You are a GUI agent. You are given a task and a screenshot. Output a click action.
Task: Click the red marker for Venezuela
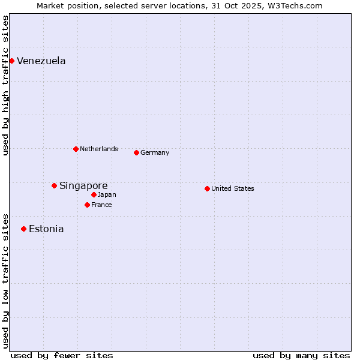pyautogui.click(x=11, y=61)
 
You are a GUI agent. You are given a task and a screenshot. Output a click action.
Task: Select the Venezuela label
pyautogui.click(x=41, y=61)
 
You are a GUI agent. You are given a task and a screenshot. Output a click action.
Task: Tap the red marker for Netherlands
pyautogui.click(x=76, y=149)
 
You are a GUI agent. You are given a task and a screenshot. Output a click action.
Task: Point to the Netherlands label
pyautogui.click(x=99, y=149)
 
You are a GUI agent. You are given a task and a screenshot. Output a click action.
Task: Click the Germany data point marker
pyautogui.click(x=136, y=152)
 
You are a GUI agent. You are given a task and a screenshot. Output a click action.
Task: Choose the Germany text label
pyautogui.click(x=155, y=152)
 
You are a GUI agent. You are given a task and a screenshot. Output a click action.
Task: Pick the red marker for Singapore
pyautogui.click(x=54, y=185)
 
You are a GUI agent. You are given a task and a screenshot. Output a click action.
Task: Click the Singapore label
pyautogui.click(x=83, y=185)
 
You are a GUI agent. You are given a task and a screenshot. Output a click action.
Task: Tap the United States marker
pyautogui.click(x=207, y=188)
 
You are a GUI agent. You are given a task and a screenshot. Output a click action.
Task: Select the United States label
pyautogui.click(x=233, y=188)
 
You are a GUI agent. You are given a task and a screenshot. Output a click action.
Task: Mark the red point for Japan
pyautogui.click(x=94, y=194)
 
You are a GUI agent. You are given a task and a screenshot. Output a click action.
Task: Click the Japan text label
pyautogui.click(x=107, y=194)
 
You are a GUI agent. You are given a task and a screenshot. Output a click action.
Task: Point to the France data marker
pyautogui.click(x=87, y=205)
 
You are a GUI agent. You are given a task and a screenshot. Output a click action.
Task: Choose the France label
pyautogui.click(x=102, y=205)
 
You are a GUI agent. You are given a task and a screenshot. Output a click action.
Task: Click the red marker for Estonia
pyautogui.click(x=23, y=229)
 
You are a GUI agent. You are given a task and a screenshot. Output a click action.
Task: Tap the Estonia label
pyautogui.click(x=46, y=229)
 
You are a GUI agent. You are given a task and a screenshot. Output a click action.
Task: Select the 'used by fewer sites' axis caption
pyautogui.click(x=62, y=355)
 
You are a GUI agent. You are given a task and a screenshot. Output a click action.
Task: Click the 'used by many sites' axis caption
pyautogui.click(x=301, y=355)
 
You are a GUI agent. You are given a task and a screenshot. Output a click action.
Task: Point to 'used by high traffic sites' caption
pyautogui.click(x=5, y=85)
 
